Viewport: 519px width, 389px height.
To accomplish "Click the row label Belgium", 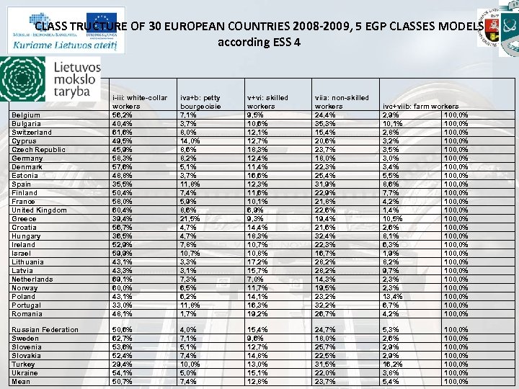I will point(26,115).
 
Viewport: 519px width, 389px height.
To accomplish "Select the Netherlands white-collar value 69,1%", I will point(122,280).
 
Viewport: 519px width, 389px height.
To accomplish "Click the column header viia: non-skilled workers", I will point(341,102).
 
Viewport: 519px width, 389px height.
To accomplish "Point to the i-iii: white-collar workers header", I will point(139,102).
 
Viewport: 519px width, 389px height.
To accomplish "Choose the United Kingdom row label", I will point(40,210).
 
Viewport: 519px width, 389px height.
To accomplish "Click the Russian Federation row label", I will point(45,330).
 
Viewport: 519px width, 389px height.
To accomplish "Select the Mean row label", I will point(21,382).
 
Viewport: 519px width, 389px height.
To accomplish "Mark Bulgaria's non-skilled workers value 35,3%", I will point(326,124).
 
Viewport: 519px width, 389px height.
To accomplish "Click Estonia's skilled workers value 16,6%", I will point(258,176).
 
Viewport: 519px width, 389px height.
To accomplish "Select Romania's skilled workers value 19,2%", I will point(258,314).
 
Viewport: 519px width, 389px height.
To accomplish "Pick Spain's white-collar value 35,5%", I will point(122,184).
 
